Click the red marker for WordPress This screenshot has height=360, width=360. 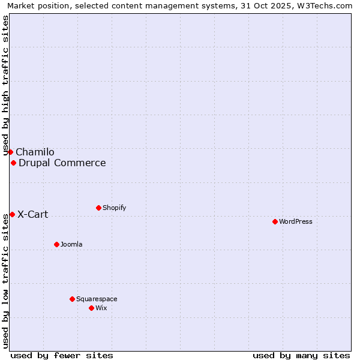[x=275, y=221]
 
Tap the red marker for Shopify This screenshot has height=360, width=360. [x=98, y=208]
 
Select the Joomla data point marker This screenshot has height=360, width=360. [x=56, y=244]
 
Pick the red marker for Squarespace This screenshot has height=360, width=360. [x=72, y=299]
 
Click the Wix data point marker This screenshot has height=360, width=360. [x=91, y=308]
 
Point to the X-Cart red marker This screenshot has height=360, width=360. [x=12, y=214]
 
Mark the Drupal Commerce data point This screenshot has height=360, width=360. [x=13, y=163]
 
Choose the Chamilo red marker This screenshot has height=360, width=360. [x=10, y=152]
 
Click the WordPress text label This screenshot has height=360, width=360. [x=296, y=221]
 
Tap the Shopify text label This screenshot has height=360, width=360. [x=114, y=208]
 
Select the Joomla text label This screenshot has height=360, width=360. [x=71, y=244]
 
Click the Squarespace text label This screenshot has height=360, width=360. [x=97, y=299]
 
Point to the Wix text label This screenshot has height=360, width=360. [x=101, y=308]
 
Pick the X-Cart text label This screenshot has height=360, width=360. [x=33, y=214]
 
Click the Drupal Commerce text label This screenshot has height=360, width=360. [x=62, y=163]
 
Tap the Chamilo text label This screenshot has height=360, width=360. [x=35, y=152]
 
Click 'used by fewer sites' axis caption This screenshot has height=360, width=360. [x=62, y=355]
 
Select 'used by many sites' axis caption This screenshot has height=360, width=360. [x=301, y=355]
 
